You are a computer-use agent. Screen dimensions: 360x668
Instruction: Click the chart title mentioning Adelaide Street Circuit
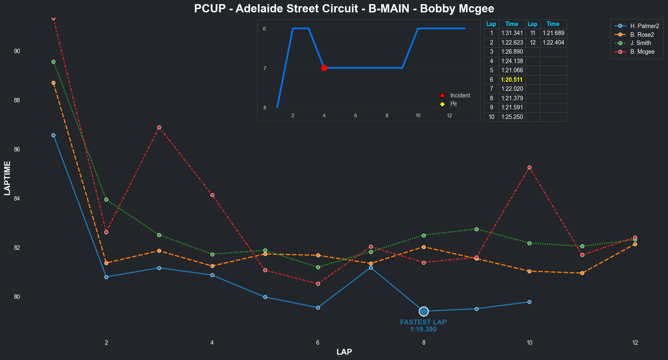(x=344, y=9)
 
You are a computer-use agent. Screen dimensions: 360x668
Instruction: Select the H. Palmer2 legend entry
(x=644, y=26)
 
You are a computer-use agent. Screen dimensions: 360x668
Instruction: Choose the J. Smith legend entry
(x=640, y=43)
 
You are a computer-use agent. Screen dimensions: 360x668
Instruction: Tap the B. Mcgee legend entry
(x=642, y=52)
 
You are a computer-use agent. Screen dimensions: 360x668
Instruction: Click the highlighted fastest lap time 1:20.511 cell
(x=512, y=80)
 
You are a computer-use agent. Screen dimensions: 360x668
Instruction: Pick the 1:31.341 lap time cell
(x=512, y=33)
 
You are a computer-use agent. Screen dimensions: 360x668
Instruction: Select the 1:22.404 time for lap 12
(x=553, y=43)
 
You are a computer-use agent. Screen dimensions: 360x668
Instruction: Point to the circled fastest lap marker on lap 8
(x=424, y=311)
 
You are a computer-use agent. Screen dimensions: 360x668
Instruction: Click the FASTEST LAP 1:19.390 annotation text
(x=423, y=326)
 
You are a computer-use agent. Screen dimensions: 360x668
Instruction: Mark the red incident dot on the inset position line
(x=324, y=68)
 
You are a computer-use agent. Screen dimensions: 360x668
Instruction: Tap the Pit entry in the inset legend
(x=453, y=104)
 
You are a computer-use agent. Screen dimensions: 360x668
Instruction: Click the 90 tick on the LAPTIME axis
(x=17, y=51)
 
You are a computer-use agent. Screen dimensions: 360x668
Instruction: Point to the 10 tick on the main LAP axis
(x=529, y=343)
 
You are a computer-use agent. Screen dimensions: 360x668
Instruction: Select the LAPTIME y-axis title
(x=7, y=178)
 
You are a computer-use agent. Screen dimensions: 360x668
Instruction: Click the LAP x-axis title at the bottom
(x=344, y=352)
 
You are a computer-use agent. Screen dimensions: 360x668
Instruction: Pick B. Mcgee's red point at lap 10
(x=529, y=167)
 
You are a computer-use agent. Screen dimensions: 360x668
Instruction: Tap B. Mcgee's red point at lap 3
(x=159, y=127)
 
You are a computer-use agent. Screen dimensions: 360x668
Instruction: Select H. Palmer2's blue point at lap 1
(x=53, y=135)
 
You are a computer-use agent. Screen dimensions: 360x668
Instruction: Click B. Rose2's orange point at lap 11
(x=582, y=273)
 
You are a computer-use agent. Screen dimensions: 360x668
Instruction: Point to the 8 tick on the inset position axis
(x=265, y=108)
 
